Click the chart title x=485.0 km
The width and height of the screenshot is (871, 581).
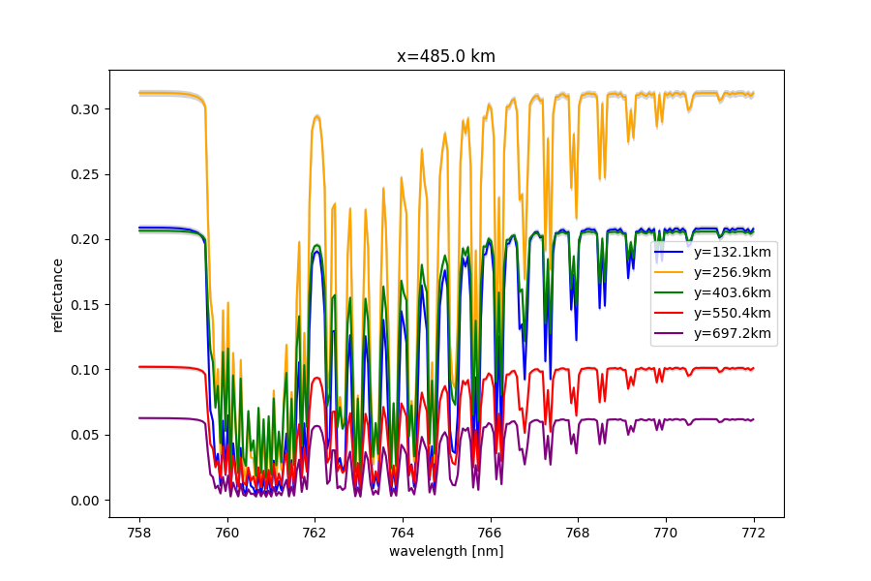(446, 56)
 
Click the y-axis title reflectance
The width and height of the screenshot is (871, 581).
(57, 294)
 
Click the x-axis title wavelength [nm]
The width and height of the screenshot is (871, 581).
(446, 551)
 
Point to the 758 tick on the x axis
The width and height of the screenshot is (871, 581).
(139, 532)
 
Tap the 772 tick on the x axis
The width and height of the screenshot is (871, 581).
(753, 532)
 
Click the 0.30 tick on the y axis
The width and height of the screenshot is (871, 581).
(84, 109)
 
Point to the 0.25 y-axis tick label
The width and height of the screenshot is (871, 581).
(84, 175)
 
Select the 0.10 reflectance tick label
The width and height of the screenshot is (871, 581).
(84, 370)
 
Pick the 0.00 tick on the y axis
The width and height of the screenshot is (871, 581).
(84, 501)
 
